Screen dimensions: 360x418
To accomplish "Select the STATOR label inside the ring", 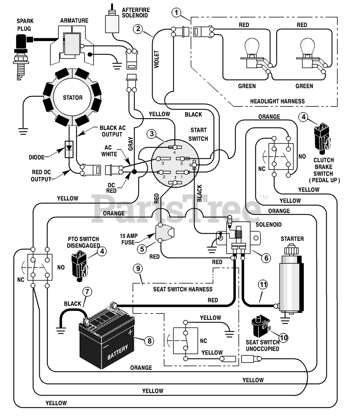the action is (73, 98).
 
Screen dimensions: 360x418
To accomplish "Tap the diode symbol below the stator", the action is (69, 149).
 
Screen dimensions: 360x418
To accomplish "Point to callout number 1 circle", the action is (176, 12).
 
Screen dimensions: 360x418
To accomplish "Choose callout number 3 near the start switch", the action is (152, 134).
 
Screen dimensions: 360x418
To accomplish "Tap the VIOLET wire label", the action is (157, 59).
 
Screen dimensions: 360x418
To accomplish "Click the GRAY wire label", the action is (131, 144).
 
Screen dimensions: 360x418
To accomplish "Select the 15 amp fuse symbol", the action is (164, 233).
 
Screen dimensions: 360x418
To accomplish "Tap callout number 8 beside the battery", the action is (150, 341).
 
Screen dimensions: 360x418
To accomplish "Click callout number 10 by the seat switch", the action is (284, 338).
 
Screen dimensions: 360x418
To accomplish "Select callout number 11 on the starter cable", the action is (263, 284).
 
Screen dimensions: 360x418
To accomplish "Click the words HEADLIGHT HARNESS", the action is (277, 101).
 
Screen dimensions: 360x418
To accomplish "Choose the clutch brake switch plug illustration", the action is (321, 138).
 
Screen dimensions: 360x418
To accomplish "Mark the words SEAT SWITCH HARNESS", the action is (183, 289).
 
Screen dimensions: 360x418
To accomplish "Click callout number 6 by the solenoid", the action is (266, 258).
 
